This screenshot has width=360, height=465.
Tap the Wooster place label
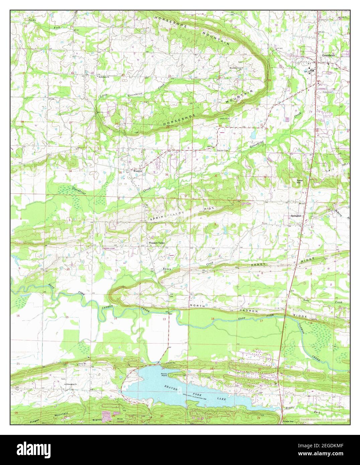pos(138,171)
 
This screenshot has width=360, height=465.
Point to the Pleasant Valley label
pos(157,243)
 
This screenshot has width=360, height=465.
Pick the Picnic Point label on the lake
pos(164,375)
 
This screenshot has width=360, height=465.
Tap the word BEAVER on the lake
pos(170,387)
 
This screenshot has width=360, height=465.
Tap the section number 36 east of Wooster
pos(167,175)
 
